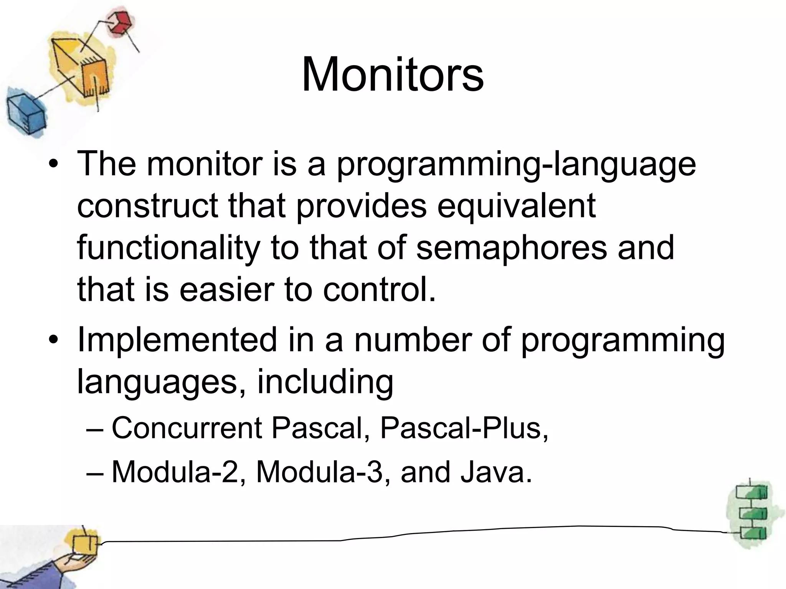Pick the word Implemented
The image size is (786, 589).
coord(177,340)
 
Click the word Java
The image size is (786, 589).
coord(496,472)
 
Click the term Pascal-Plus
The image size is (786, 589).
coord(464,428)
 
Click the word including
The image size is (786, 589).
coord(325,381)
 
